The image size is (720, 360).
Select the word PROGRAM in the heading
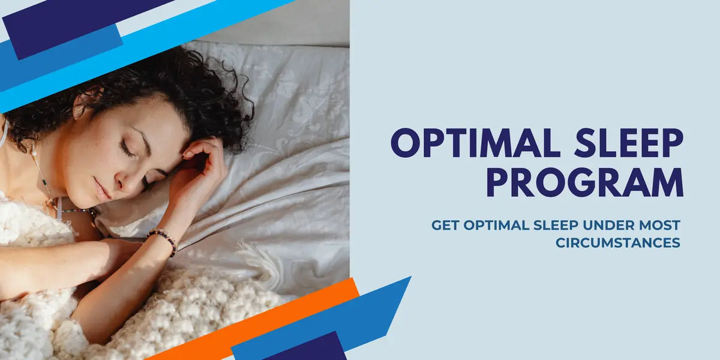coord(584,182)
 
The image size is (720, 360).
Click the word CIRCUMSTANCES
coord(617,243)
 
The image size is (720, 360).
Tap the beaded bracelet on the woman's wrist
coord(163,239)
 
